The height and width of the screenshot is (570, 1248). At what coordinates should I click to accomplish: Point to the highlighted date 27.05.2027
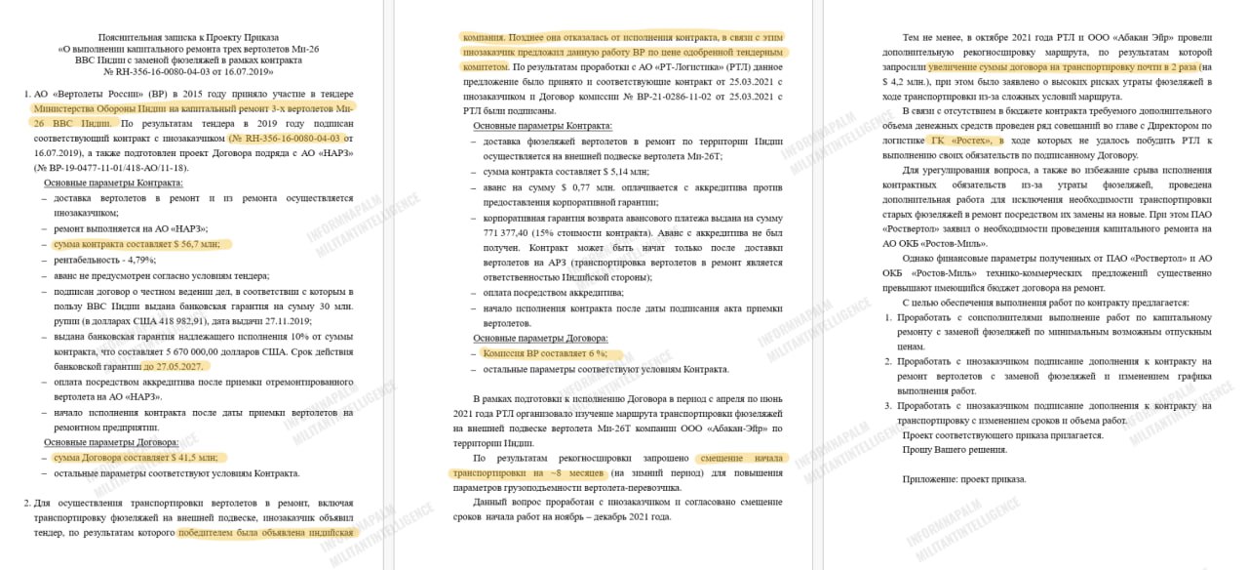coord(176,367)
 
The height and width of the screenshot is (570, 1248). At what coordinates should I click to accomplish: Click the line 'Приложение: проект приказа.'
coord(962,479)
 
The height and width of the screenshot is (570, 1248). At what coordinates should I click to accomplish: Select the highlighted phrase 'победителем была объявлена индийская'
coord(268,533)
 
